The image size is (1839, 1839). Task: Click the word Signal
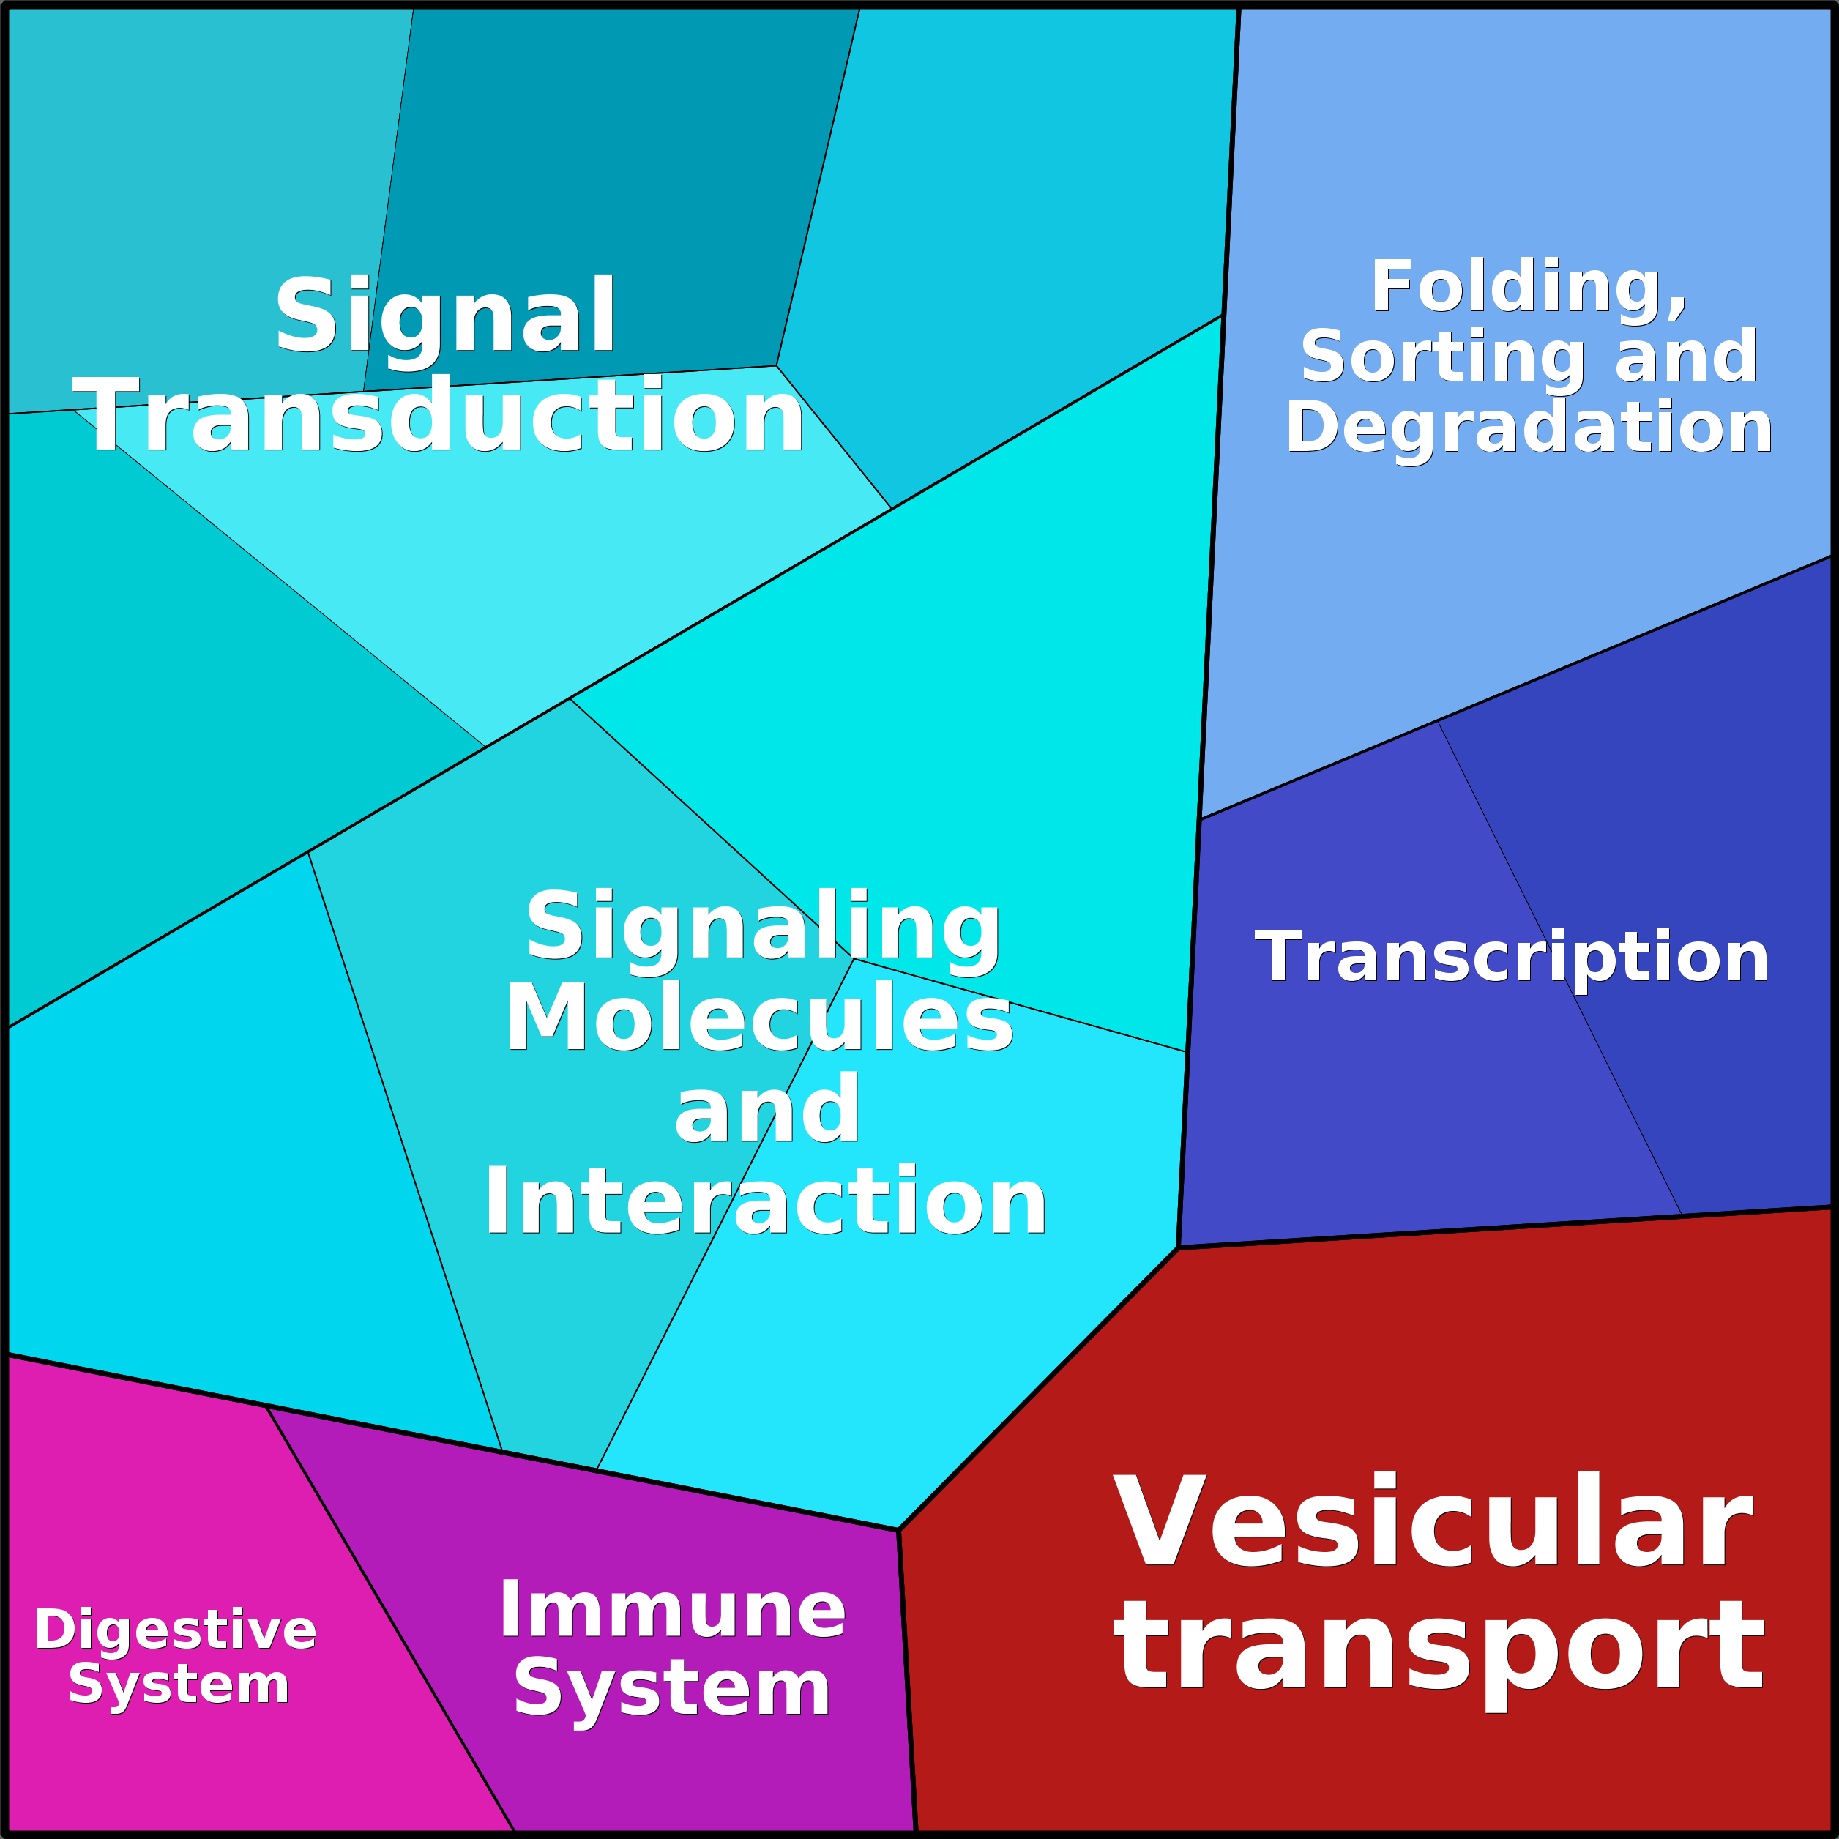445,316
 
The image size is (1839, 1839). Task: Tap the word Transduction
438,417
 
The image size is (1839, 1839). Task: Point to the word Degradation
1529,428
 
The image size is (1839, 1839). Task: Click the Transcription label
1512,958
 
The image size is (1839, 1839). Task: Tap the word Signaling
764,927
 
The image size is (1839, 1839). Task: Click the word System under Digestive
179,1685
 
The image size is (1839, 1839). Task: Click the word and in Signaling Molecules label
767,1110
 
